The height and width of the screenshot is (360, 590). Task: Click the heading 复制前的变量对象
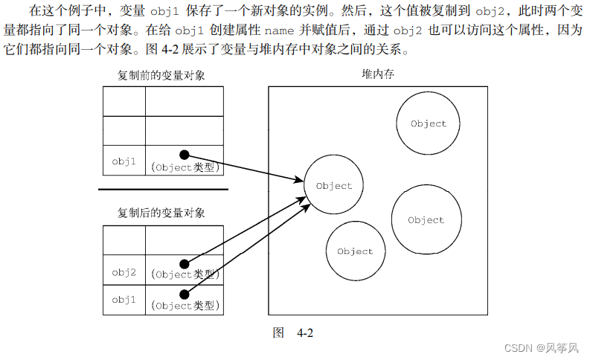click(x=161, y=75)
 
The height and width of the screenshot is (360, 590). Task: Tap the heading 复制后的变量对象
click(x=161, y=213)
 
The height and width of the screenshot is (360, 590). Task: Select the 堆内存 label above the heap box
click(x=377, y=75)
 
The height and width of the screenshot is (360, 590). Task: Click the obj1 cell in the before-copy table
click(x=124, y=161)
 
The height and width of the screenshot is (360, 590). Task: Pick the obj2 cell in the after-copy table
click(x=124, y=272)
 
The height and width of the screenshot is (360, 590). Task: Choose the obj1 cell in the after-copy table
click(x=124, y=299)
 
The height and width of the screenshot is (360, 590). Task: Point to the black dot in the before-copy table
click(x=185, y=155)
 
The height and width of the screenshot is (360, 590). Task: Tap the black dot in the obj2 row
click(x=185, y=264)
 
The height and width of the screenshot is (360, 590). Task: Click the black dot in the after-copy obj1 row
click(x=185, y=295)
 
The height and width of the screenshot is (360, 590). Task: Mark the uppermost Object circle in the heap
click(x=428, y=123)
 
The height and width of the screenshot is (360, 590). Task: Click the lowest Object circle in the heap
click(x=355, y=251)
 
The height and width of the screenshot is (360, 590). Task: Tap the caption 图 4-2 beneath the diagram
click(x=294, y=332)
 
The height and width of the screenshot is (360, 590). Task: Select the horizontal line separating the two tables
click(x=163, y=190)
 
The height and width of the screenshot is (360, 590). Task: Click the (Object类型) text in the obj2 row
click(x=185, y=275)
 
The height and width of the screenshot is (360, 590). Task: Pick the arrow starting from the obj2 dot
click(x=246, y=230)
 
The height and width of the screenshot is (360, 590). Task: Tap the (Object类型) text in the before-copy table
click(x=185, y=167)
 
